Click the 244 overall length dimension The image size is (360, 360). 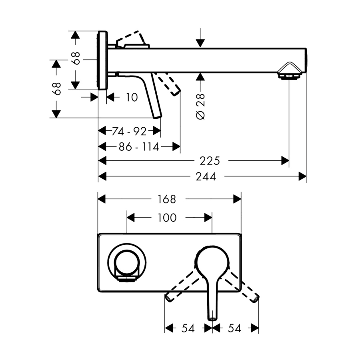206,177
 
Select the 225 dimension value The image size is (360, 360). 210,161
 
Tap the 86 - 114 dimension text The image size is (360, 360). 139,147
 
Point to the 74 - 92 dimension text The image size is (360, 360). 129,131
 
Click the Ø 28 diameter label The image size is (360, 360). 201,106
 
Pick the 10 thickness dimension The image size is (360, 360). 132,97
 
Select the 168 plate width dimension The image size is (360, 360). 167,199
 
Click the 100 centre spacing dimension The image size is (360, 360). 167,218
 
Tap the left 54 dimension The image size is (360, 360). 188,328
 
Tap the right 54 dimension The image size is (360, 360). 234,328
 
